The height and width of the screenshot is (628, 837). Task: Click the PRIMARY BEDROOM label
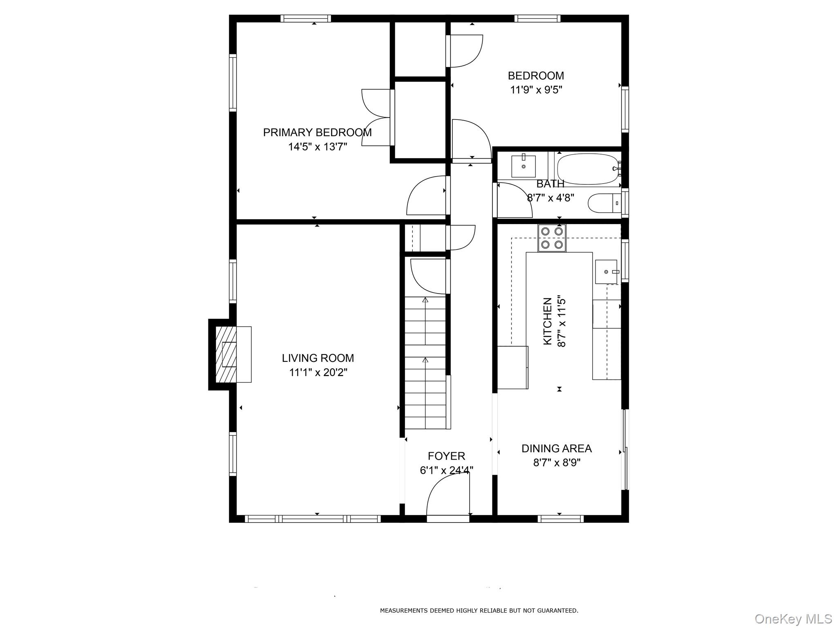317,132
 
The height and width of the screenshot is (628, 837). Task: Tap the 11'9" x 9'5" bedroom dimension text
536,90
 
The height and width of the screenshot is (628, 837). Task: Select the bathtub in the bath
588,169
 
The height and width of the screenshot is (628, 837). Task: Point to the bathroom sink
523,166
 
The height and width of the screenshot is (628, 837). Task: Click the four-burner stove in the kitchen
552,238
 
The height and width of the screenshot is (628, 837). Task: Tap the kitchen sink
606,271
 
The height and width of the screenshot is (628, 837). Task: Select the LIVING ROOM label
318,358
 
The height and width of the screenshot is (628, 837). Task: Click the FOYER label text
446,456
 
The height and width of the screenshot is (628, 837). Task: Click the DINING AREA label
556,449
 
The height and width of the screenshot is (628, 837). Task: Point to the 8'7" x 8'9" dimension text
556,463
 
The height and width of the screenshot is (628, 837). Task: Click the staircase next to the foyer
425,364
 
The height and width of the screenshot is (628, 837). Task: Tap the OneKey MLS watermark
793,619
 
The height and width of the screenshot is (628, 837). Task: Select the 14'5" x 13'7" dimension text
317,147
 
